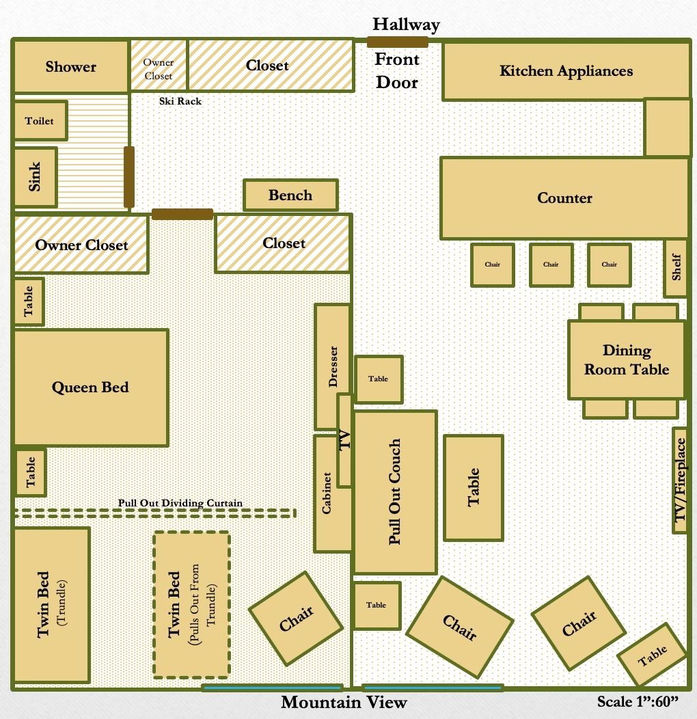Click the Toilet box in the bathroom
click(40, 120)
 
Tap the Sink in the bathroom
click(34, 177)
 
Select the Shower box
click(71, 66)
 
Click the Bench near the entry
click(290, 195)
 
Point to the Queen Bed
click(90, 388)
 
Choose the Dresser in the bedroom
click(332, 366)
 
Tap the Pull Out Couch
click(395, 492)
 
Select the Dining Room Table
click(626, 360)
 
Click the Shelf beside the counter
click(676, 268)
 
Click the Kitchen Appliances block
click(566, 71)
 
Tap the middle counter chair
click(551, 264)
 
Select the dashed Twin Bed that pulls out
click(191, 605)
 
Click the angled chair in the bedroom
click(295, 620)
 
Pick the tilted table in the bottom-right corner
click(652, 655)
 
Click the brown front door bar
click(397, 42)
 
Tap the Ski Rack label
click(180, 101)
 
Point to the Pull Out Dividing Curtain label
click(180, 503)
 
